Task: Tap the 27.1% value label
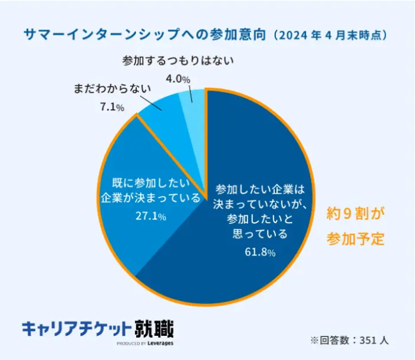point(150,217)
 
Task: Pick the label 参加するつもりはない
point(179,60)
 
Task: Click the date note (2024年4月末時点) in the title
point(332,35)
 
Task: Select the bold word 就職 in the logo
point(154,328)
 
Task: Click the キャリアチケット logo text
point(76,329)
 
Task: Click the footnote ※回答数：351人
point(349,341)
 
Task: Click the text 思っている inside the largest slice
point(260,234)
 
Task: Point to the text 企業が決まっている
point(151,198)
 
